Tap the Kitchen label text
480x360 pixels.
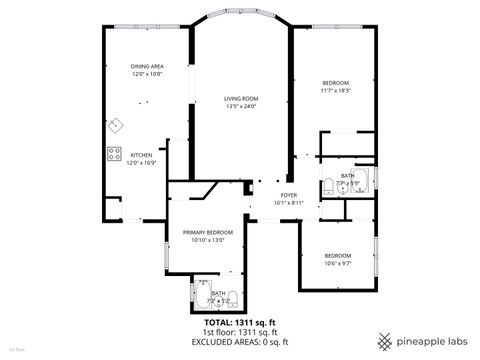click(141, 155)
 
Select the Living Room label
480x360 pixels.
click(241, 98)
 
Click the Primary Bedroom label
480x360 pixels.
click(208, 232)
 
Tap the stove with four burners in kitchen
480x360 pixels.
click(112, 154)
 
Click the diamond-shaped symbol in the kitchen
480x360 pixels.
click(116, 125)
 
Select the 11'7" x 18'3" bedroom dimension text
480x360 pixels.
click(334, 89)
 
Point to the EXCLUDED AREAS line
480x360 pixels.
click(239, 341)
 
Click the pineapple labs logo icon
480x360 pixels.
click(382, 337)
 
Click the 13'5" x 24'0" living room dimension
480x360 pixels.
click(241, 106)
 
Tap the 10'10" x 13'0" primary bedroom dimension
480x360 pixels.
click(208, 240)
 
